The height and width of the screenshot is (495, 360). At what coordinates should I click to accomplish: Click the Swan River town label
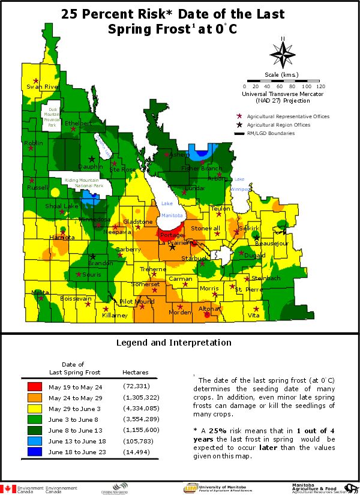(41, 87)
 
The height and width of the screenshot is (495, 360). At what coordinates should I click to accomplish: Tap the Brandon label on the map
(100, 263)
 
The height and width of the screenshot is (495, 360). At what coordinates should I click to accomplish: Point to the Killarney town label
(115, 315)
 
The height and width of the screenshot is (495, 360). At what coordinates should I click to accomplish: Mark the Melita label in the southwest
(40, 292)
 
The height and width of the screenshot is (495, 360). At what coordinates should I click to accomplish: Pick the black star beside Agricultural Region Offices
(240, 124)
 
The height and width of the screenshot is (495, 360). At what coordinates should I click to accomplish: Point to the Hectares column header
(135, 372)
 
